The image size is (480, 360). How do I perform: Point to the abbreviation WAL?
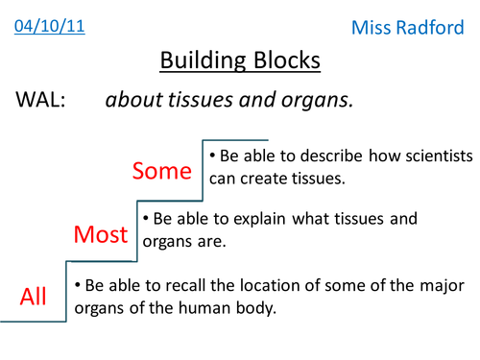pyautogui.click(x=39, y=101)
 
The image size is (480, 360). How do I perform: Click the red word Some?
pyautogui.click(x=162, y=170)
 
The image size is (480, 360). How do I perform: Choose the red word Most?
pyautogui.click(x=101, y=233)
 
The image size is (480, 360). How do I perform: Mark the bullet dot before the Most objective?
pyautogui.click(x=146, y=219)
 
